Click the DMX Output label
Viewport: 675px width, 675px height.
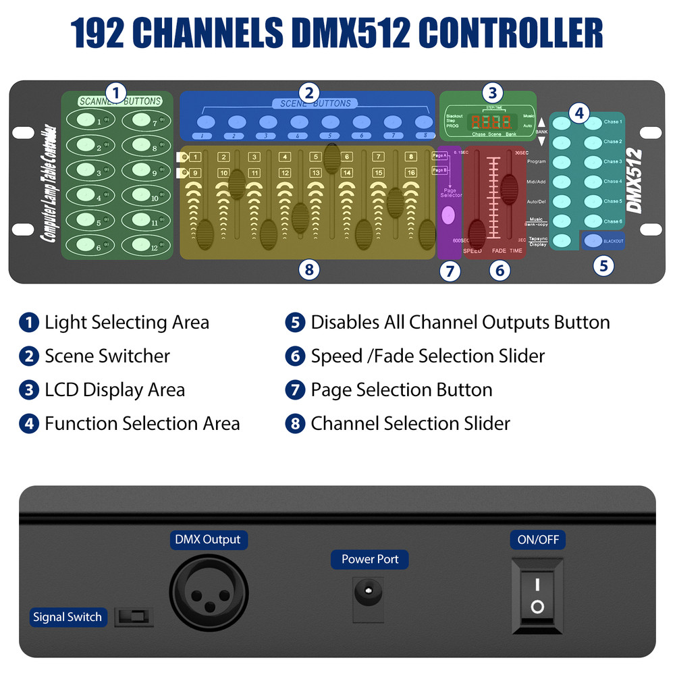(x=208, y=539)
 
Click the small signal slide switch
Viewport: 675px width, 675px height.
(x=134, y=616)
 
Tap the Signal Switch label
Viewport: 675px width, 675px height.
(x=67, y=617)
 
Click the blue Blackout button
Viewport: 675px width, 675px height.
(x=593, y=240)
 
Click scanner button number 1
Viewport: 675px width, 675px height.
(x=85, y=121)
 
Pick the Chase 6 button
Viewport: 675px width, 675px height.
(x=593, y=221)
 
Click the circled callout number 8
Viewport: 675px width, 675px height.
(x=308, y=270)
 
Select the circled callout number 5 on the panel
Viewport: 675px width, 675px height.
(x=603, y=265)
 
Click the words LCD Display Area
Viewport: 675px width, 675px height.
(x=115, y=390)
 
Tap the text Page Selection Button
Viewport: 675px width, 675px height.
(x=401, y=390)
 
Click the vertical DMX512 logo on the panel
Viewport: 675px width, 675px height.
(x=634, y=180)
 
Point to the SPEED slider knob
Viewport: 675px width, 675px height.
(x=477, y=233)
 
